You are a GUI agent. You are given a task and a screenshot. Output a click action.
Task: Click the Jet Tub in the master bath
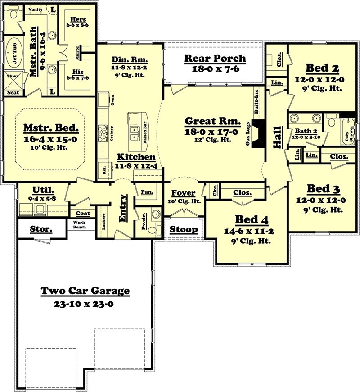(12, 53)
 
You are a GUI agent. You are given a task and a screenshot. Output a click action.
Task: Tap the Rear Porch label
(216, 58)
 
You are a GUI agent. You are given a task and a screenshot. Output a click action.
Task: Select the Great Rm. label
(211, 122)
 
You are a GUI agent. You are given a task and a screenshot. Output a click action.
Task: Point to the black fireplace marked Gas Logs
(258, 134)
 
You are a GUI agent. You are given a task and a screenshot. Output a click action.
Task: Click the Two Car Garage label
(85, 291)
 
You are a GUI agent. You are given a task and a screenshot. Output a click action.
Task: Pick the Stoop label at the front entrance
(184, 230)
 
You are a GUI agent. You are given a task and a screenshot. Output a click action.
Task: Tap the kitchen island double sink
(134, 132)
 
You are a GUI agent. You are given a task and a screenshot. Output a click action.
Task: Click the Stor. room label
(41, 229)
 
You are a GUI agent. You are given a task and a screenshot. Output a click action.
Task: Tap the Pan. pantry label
(146, 192)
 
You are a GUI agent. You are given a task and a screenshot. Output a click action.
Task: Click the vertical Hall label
(276, 137)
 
